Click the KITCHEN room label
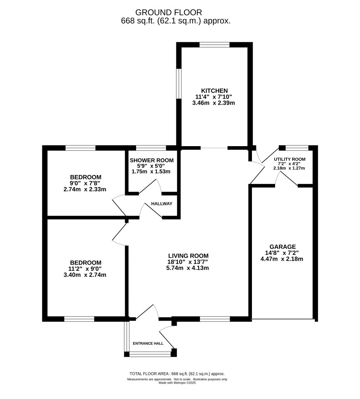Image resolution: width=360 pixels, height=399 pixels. (214, 91)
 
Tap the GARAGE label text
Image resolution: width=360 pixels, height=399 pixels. (282, 247)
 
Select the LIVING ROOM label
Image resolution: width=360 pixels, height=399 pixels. (188, 256)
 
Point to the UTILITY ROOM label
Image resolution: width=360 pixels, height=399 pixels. (290, 159)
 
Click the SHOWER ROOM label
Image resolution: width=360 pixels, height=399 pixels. (152, 160)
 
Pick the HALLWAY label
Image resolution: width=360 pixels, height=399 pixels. (162, 204)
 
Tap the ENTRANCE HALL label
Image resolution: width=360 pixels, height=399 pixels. (148, 343)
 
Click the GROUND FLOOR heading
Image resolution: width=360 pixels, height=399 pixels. (169, 12)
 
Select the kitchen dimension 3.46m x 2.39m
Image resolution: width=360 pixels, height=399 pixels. (213, 103)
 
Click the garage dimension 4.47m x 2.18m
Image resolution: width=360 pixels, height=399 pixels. (282, 259)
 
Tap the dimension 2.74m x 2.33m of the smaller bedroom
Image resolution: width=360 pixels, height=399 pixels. (85, 189)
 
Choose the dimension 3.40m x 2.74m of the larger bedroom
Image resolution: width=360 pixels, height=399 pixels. (85, 275)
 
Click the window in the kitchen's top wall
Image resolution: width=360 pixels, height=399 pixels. (215, 45)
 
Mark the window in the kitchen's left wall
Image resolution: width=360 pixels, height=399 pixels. (179, 83)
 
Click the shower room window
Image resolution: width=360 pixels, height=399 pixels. (151, 148)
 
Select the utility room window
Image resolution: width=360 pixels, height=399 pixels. (297, 148)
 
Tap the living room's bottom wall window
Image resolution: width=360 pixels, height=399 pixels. (215, 319)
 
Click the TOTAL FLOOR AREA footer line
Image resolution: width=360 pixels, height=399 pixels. (177, 374)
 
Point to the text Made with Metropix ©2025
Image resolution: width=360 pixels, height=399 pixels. (177, 383)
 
